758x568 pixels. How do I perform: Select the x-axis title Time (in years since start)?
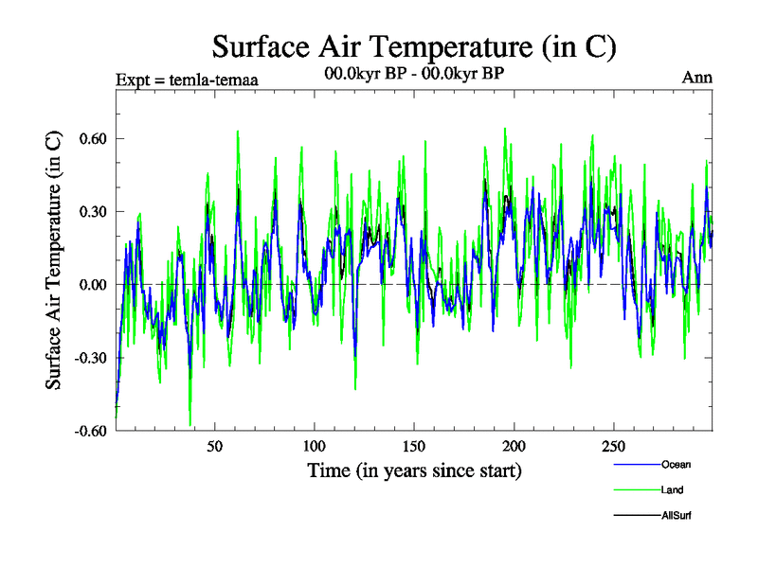point(414,470)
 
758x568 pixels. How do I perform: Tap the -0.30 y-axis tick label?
point(85,357)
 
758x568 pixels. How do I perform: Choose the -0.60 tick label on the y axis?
point(85,430)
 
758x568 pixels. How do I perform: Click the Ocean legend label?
point(677,465)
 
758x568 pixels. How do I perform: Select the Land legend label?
point(673,490)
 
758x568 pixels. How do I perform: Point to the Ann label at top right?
point(697,78)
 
